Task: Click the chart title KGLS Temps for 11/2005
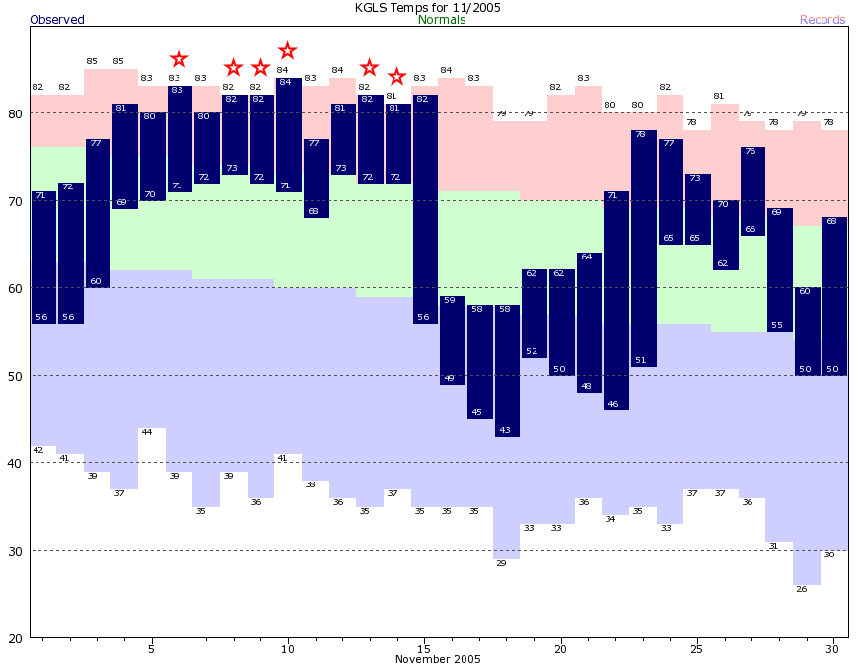tap(428, 7)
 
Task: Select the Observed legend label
tap(57, 20)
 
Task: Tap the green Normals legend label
tap(442, 20)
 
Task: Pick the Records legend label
tap(822, 20)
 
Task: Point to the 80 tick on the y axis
tap(15, 113)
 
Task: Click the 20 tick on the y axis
tap(15, 637)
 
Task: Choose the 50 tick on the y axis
tap(15, 376)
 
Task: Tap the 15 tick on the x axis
tap(424, 648)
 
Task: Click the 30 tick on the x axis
tap(833, 648)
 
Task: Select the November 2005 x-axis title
tap(438, 659)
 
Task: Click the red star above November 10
tap(287, 50)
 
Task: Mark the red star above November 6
tap(179, 59)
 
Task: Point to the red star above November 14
tap(396, 76)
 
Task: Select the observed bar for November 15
tap(425, 208)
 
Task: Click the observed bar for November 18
tap(507, 370)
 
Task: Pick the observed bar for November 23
tap(643, 248)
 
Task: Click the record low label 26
tap(801, 589)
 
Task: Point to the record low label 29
tap(501, 562)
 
